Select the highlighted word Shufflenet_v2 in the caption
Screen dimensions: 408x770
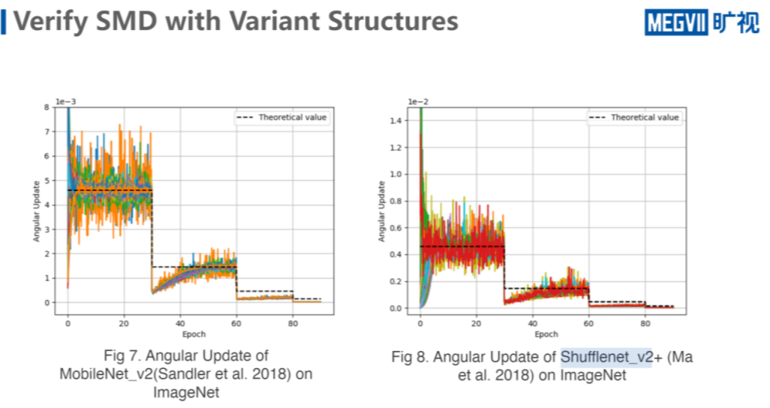click(597, 358)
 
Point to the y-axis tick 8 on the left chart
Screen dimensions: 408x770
click(48, 107)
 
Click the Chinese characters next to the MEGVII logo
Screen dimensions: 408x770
click(735, 23)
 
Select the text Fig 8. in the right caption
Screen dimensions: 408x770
click(410, 358)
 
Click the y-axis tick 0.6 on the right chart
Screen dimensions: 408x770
click(399, 228)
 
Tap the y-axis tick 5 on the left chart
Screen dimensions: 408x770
click(48, 180)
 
